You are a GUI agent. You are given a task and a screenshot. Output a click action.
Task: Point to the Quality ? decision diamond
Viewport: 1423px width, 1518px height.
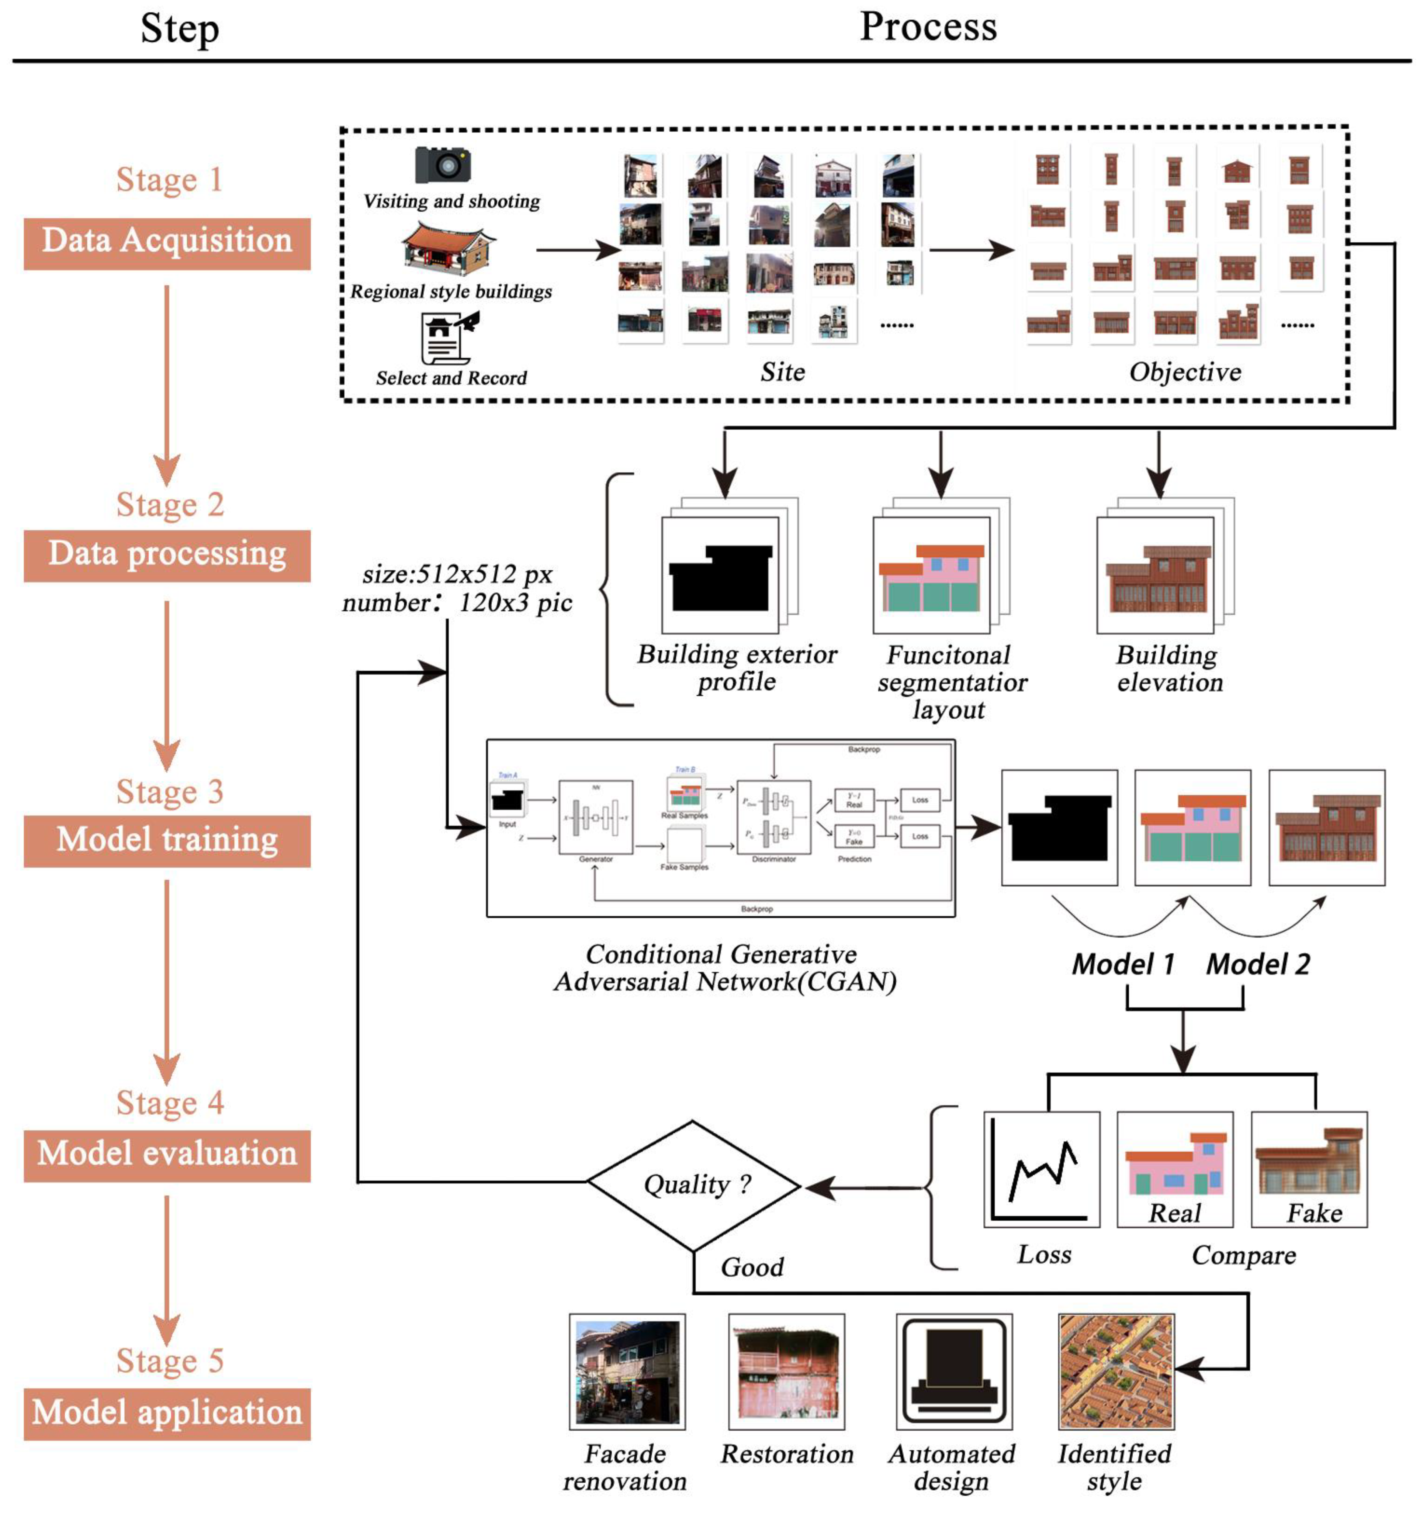(x=694, y=1185)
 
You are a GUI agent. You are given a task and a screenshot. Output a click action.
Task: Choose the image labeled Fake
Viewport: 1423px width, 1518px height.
(x=1308, y=1170)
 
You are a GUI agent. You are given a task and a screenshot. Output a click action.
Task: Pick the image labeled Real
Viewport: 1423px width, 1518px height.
(x=1175, y=1170)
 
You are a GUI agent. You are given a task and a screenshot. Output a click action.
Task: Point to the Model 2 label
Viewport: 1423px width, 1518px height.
(x=1257, y=965)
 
